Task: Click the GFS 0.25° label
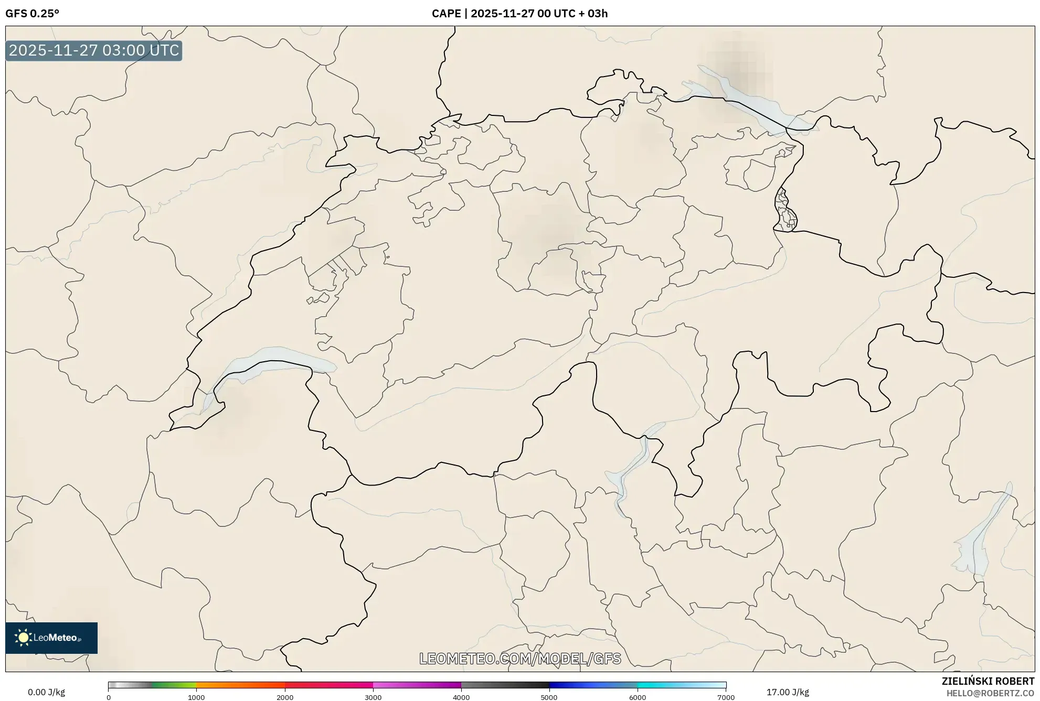click(32, 14)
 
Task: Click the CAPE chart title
click(519, 14)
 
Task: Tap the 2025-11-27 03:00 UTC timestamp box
click(94, 50)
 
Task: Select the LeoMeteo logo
click(51, 638)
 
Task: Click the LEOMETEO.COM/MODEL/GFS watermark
click(520, 659)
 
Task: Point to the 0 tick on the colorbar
click(109, 697)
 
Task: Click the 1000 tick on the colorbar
click(196, 697)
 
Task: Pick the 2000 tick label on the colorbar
click(285, 697)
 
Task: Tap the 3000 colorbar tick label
click(373, 697)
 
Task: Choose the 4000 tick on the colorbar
click(461, 697)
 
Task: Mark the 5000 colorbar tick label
click(549, 697)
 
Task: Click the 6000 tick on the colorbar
click(638, 697)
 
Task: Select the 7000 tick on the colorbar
click(726, 697)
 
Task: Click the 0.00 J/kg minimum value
click(46, 692)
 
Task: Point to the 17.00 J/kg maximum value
click(787, 692)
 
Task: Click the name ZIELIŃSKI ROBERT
click(988, 681)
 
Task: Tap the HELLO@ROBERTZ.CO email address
click(990, 693)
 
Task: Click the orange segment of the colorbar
click(231, 685)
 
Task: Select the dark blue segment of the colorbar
click(572, 685)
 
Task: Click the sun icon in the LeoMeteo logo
click(23, 638)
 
